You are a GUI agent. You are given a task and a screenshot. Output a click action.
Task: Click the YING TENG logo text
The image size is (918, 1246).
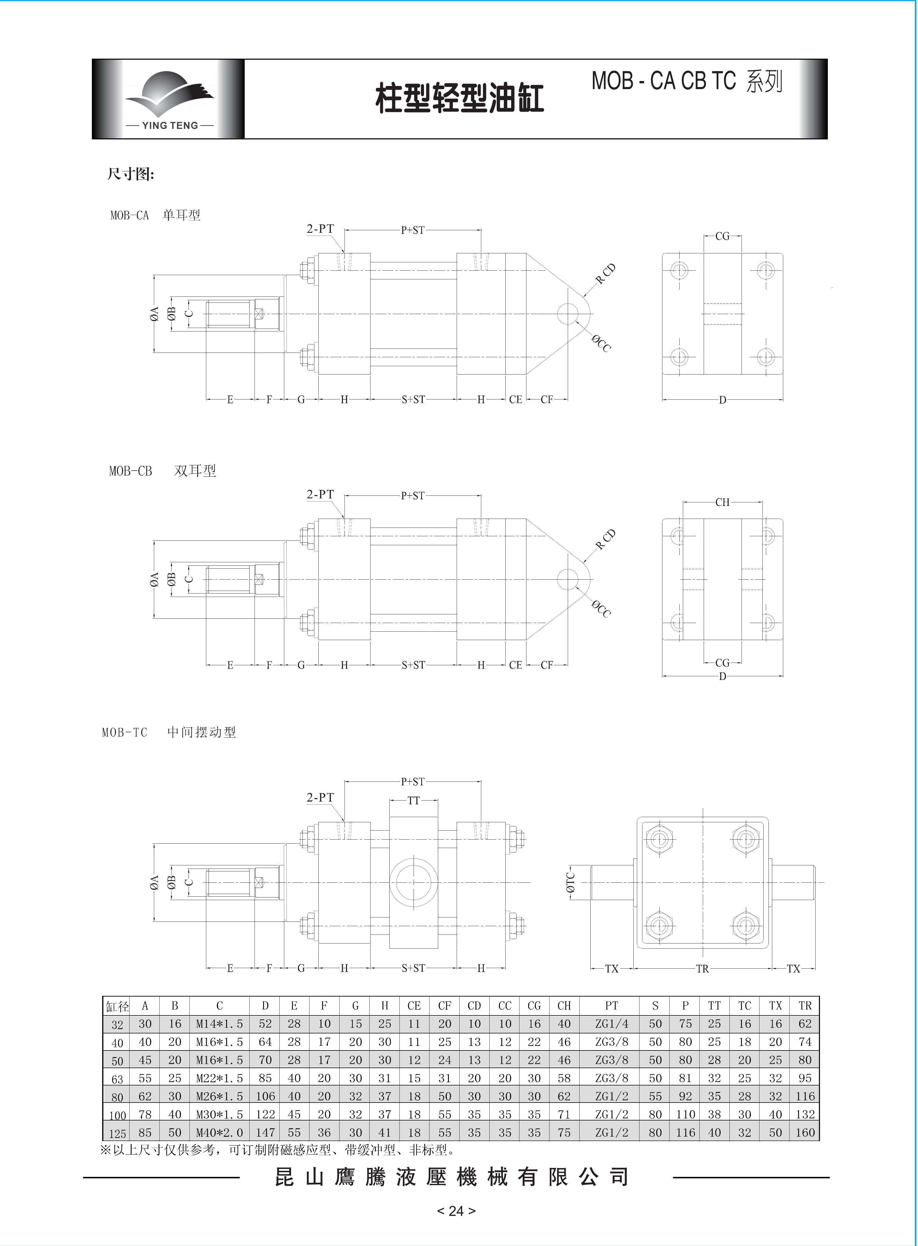(x=169, y=125)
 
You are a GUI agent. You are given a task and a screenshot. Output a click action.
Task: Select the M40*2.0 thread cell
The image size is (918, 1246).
(x=220, y=1132)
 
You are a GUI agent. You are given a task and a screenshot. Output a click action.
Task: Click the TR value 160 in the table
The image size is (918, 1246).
(x=805, y=1132)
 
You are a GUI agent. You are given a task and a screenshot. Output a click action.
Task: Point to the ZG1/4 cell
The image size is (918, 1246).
(x=611, y=1024)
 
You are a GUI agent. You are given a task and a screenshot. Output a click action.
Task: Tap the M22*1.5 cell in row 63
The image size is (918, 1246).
(x=220, y=1078)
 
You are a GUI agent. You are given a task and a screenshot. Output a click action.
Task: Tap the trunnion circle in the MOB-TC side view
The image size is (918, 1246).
(x=413, y=882)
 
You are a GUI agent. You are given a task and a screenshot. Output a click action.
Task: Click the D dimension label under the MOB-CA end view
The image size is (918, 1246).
(x=722, y=400)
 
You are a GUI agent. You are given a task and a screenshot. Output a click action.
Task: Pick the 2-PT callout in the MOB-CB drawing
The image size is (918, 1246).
(x=320, y=494)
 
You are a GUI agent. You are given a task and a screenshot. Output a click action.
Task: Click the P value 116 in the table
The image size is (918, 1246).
(x=685, y=1132)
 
